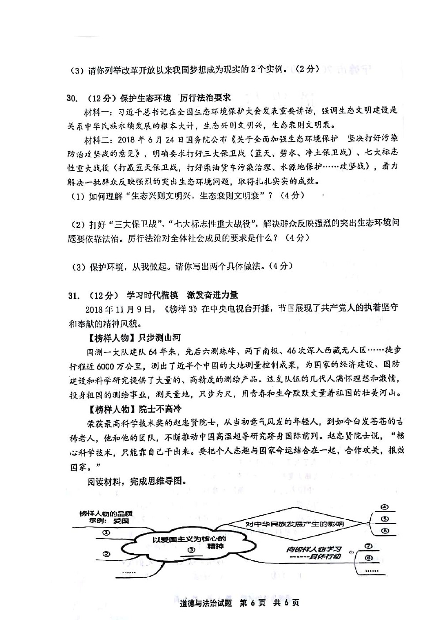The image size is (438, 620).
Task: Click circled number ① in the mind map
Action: pyautogui.click(x=106, y=533)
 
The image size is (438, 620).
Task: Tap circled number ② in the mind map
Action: pyautogui.click(x=106, y=554)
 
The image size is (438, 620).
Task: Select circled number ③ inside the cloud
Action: pyautogui.click(x=191, y=550)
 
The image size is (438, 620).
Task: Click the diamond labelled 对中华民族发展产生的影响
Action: pyautogui.click(x=295, y=524)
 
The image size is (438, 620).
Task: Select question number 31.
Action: pyautogui.click(x=73, y=295)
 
